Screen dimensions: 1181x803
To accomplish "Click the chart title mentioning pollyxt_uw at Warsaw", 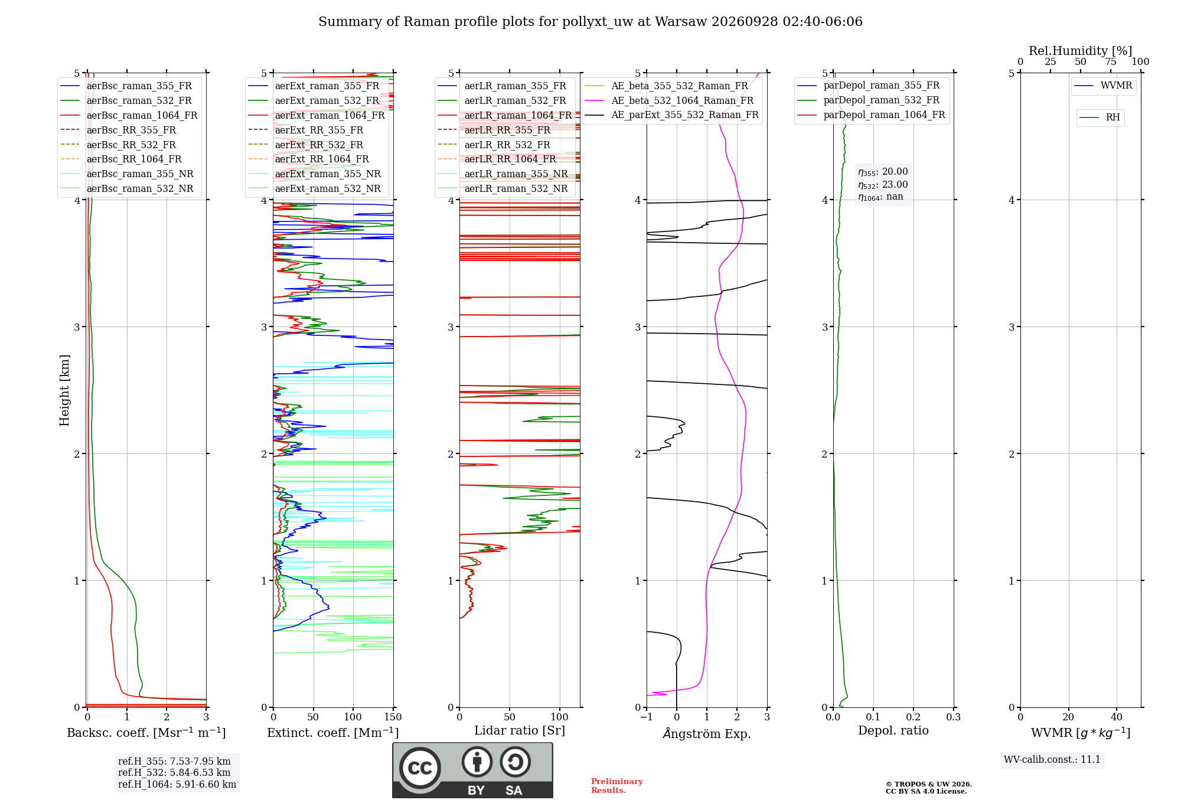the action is [590, 22].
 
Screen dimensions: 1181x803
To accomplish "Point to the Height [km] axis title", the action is [64, 390].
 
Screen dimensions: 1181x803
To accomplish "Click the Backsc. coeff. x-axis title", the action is [146, 733].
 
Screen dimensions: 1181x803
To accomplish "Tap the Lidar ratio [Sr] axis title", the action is [520, 731].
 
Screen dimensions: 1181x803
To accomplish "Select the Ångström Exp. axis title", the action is [707, 733].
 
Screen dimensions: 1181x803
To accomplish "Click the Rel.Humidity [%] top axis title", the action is [1081, 51].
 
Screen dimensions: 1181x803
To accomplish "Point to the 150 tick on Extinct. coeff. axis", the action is [393, 717].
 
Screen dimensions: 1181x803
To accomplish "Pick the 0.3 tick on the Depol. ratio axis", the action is [953, 717].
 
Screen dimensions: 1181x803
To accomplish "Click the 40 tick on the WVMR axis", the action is [1117, 717].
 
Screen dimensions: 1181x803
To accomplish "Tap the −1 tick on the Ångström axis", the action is [647, 717].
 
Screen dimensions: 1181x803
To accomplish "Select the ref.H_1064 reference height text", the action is [177, 785].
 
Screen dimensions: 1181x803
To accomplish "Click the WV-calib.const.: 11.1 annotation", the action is [1052, 760].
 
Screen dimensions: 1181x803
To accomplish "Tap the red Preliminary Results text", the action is [617, 786].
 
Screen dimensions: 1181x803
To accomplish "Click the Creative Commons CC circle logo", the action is [420, 768].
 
